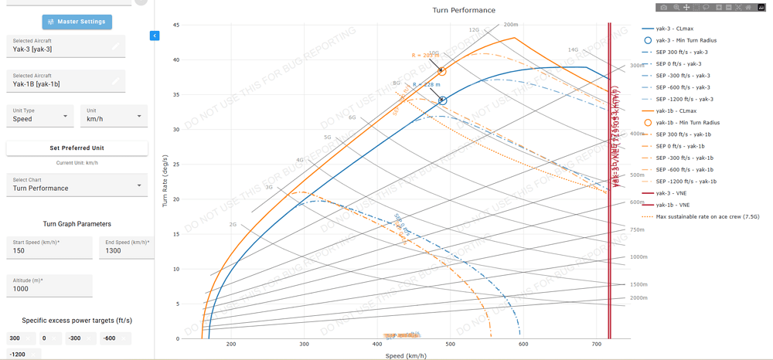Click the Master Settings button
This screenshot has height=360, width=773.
point(77,22)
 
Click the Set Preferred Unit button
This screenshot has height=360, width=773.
point(77,148)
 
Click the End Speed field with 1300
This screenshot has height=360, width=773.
point(127,250)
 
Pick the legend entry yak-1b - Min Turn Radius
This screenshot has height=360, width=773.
point(687,122)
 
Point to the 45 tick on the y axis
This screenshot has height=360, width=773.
point(175,25)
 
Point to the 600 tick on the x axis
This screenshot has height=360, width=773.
point(523,345)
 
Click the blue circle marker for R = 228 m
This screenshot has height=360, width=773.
point(443,100)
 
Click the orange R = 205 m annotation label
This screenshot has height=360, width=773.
point(425,56)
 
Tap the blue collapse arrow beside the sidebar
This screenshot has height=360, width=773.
point(155,36)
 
